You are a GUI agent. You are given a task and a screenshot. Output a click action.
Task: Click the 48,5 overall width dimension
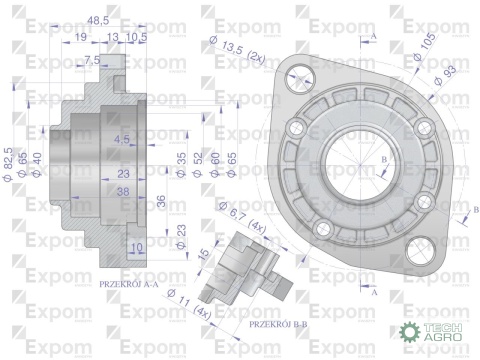click(97, 19)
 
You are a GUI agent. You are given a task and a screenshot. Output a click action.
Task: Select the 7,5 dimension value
click(92, 61)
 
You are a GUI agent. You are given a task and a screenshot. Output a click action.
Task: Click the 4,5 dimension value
click(122, 138)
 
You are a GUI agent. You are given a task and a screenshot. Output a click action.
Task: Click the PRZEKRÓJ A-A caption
click(132, 284)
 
